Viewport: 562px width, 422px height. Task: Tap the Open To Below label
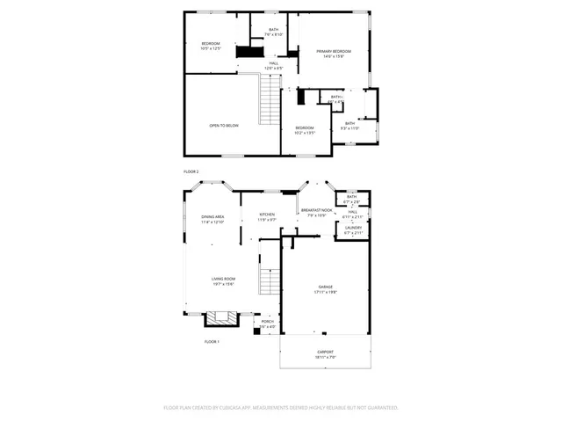pyautogui.click(x=224, y=126)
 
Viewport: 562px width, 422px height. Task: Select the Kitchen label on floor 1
pyautogui.click(x=267, y=215)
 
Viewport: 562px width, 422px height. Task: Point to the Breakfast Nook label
pyautogui.click(x=316, y=211)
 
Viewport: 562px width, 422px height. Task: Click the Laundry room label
pyautogui.click(x=353, y=228)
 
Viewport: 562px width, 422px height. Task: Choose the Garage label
pyautogui.click(x=327, y=287)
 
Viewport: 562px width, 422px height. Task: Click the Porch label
pyautogui.click(x=268, y=322)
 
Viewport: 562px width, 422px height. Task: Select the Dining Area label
pyautogui.click(x=213, y=217)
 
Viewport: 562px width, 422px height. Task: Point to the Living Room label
pyautogui.click(x=223, y=280)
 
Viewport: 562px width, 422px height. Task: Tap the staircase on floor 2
pyautogui.click(x=269, y=101)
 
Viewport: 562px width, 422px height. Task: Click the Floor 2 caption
pyautogui.click(x=191, y=171)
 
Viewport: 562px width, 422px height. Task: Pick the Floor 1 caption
pyautogui.click(x=212, y=341)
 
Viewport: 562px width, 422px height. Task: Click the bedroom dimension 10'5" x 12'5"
pyautogui.click(x=211, y=49)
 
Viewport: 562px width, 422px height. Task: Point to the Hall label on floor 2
pyautogui.click(x=273, y=63)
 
